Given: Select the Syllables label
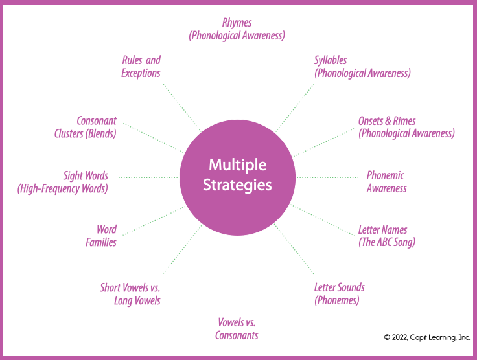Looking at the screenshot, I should click(362, 67).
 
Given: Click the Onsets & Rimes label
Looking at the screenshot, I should click(406, 128).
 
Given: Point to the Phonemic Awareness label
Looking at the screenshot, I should click(386, 182).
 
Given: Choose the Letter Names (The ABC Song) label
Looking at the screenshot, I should click(386, 236).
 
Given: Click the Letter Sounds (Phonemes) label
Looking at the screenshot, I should click(339, 294).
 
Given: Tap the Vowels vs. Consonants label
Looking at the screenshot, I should click(237, 329).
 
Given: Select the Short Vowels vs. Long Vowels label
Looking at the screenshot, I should click(130, 294).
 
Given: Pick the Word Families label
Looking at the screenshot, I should click(102, 236).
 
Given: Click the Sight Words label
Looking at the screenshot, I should click(64, 182).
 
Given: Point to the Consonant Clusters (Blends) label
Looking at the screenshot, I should click(86, 128).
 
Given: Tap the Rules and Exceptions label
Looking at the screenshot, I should click(141, 67).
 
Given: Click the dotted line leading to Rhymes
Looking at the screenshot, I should click(237, 84).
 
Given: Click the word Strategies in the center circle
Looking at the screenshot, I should click(237, 185).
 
